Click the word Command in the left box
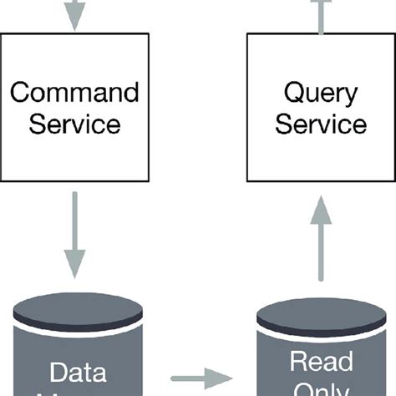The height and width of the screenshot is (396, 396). (x=74, y=91)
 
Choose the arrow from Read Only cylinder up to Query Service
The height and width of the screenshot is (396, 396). (x=321, y=247)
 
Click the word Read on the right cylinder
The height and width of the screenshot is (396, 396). (x=321, y=363)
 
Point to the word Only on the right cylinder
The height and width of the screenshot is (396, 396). (x=321, y=389)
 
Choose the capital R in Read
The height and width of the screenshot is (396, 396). (x=297, y=363)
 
